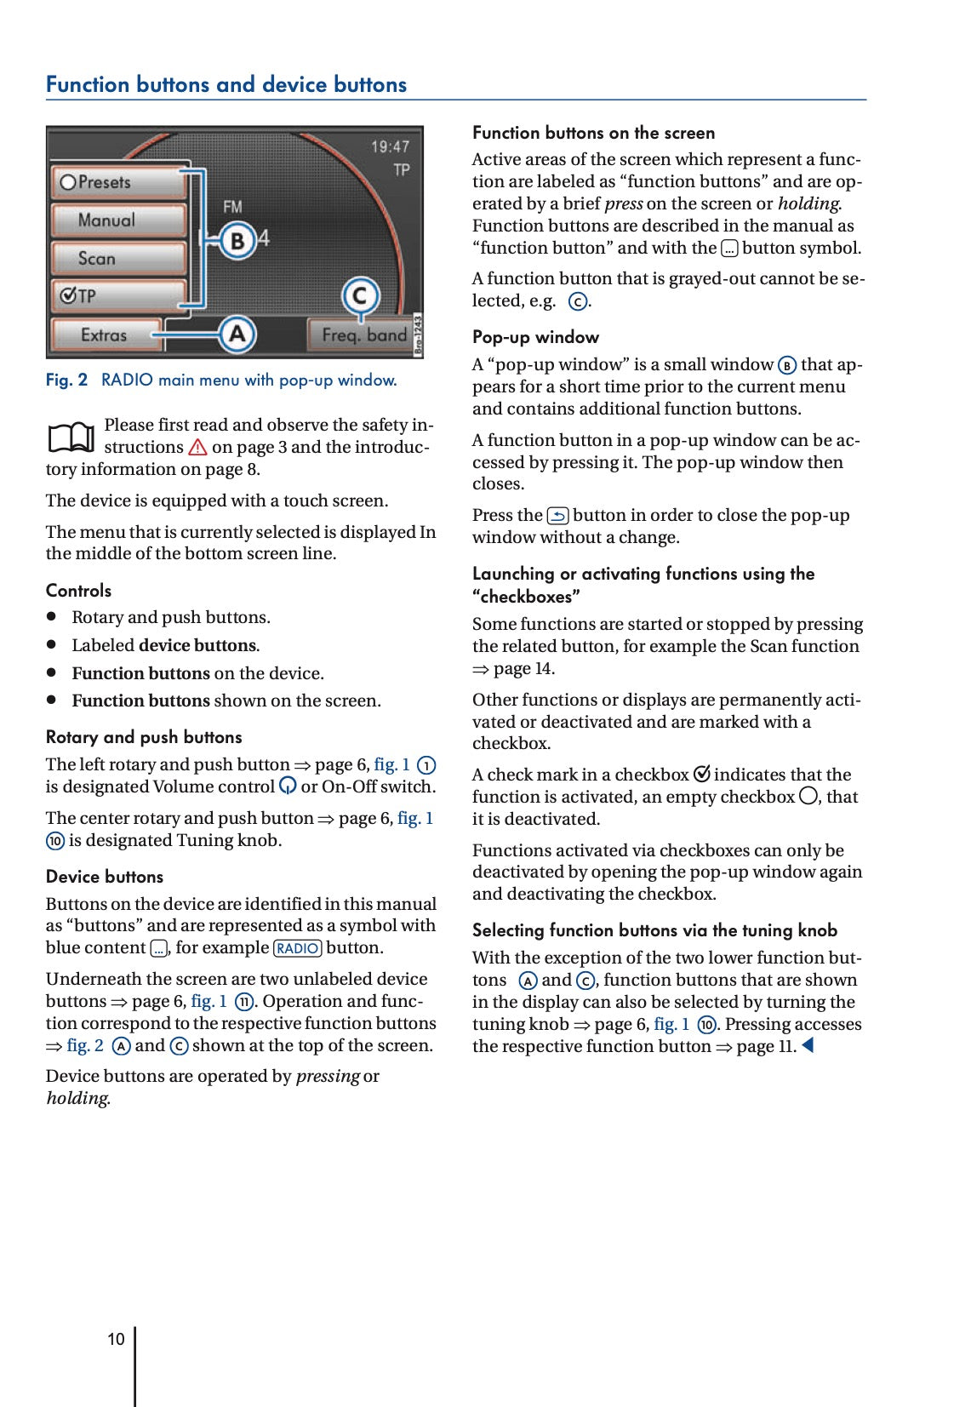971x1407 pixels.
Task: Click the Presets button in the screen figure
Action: point(118,182)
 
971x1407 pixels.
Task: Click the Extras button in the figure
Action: point(105,335)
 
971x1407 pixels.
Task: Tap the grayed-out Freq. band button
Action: point(363,335)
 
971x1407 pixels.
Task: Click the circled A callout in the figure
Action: point(237,334)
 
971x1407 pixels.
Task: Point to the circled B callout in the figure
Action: point(237,241)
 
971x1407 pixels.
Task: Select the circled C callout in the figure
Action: point(360,296)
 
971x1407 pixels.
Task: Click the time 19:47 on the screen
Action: point(390,147)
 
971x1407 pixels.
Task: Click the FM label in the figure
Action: point(232,207)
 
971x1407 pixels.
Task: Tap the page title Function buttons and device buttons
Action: point(226,84)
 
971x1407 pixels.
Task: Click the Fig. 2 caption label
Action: point(66,380)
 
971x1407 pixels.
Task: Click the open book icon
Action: point(71,438)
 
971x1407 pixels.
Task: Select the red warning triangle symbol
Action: point(197,447)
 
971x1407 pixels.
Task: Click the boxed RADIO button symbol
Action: point(297,948)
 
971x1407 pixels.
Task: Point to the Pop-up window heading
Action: point(535,337)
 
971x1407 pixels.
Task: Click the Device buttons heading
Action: point(105,877)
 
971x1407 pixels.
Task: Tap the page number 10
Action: point(116,1339)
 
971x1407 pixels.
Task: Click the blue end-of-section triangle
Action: point(808,1045)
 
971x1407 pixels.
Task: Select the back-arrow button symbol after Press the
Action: point(557,516)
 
